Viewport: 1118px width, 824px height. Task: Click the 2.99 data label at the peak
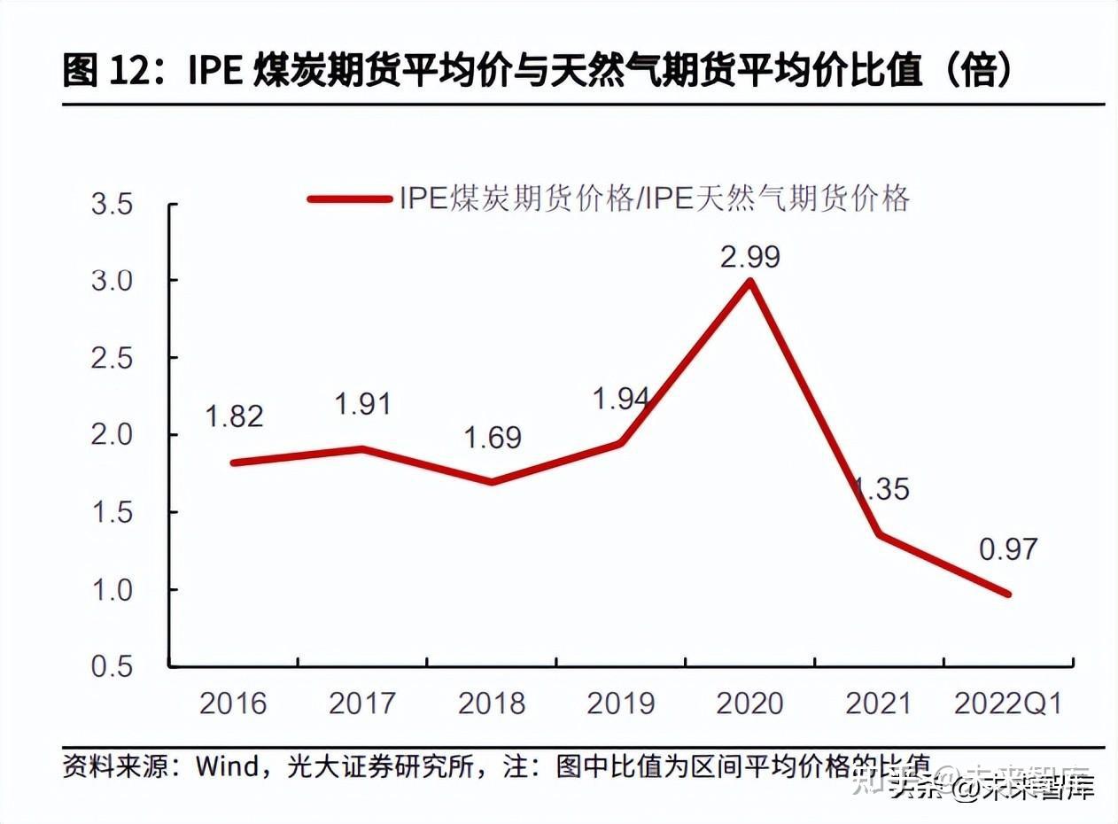pos(749,257)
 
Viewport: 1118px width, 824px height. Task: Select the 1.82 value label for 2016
pos(234,416)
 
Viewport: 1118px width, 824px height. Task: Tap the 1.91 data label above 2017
pos(362,404)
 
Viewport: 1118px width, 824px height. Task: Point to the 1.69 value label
pos(493,438)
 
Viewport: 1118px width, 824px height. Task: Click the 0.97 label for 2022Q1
pos(1008,549)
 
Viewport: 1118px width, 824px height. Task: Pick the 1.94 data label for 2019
pos(620,399)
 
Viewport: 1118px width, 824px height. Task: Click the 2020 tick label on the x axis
pos(749,704)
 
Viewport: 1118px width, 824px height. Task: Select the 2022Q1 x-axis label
pos(1008,704)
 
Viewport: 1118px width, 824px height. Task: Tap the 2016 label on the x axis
pos(233,704)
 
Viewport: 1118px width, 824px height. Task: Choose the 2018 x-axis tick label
pos(492,704)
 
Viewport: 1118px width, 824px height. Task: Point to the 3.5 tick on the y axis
pos(113,205)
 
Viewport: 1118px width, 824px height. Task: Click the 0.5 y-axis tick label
pos(113,666)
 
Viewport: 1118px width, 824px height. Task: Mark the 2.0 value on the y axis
pos(113,435)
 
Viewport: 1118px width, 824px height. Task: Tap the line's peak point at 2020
pos(750,282)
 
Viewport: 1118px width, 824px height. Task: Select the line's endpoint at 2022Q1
pos(1008,594)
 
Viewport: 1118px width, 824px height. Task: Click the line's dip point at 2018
pos(492,482)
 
